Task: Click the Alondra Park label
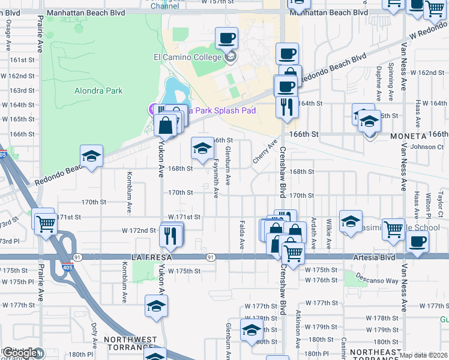point(98,91)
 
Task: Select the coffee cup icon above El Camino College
point(226,39)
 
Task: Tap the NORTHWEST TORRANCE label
point(130,344)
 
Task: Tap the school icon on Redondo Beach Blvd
point(91,157)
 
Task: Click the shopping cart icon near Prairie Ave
point(45,223)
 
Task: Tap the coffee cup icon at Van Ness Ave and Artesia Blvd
point(417,242)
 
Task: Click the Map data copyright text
point(423,355)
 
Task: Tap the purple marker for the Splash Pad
point(152,109)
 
